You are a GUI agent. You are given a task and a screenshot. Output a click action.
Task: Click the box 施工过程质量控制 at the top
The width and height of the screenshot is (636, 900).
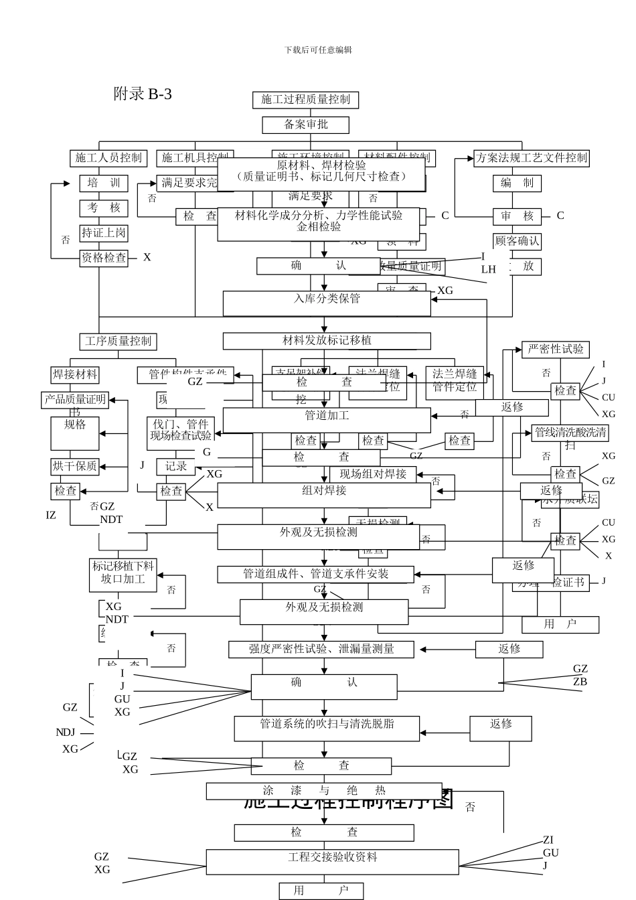305,100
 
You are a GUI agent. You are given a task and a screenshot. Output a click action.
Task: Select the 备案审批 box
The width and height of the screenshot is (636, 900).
305,125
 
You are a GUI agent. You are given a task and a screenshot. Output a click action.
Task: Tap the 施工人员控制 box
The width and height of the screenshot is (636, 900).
108,158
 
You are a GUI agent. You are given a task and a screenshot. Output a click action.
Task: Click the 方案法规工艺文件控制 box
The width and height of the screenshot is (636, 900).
531,158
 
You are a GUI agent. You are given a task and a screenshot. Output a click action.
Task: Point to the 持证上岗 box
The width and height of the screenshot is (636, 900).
104,232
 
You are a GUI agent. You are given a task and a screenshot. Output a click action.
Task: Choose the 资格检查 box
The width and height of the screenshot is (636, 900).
104,257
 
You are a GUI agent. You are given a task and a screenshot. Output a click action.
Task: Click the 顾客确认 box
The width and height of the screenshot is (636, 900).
517,240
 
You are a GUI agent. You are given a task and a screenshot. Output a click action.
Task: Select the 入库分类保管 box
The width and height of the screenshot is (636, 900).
327,303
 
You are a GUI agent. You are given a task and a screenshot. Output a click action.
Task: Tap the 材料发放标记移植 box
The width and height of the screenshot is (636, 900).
327,341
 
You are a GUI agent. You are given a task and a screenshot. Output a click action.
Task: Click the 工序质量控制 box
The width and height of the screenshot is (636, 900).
118,341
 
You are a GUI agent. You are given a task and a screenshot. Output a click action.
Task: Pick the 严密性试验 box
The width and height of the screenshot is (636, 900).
555,349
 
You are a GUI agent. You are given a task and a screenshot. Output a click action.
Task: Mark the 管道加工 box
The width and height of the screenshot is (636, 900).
327,420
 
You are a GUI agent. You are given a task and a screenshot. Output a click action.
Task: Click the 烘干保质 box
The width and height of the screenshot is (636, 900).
75,466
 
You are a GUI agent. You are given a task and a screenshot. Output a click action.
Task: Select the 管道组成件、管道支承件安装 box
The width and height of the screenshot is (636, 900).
315,574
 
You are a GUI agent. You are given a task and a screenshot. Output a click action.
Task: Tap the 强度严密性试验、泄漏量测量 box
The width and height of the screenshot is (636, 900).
321,649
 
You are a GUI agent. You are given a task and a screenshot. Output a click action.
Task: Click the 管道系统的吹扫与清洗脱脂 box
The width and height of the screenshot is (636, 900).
327,728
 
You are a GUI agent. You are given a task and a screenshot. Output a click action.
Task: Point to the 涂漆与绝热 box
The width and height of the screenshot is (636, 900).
324,791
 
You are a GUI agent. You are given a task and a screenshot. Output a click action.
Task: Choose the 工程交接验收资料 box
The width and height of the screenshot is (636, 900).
332,862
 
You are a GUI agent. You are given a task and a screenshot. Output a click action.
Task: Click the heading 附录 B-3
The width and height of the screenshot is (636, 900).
143,94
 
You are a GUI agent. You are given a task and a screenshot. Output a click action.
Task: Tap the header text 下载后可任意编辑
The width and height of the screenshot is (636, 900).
318,50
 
